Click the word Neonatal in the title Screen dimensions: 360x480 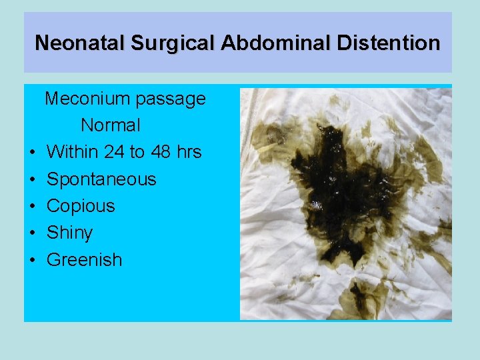80,43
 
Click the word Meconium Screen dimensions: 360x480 87,99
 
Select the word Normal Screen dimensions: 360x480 111,125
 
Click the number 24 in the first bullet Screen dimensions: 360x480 114,152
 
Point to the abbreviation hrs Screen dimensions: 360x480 189,152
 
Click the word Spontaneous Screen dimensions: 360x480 101,179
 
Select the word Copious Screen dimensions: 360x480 81,206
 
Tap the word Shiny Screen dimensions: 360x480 70,233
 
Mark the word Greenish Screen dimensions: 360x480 85,259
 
